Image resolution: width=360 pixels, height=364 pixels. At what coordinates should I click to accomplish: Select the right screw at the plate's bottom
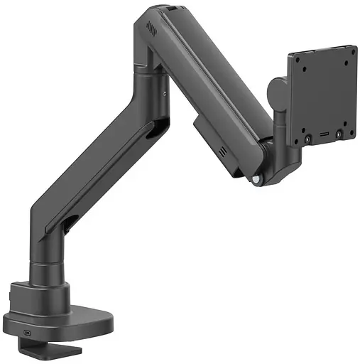[340, 132]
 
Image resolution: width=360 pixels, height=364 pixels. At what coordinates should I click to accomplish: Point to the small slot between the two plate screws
[324, 135]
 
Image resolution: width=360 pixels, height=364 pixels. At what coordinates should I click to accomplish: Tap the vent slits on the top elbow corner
[150, 28]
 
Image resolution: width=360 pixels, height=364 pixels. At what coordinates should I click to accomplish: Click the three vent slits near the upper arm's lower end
[222, 152]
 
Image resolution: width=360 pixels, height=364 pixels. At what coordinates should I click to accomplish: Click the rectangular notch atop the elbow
[172, 9]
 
